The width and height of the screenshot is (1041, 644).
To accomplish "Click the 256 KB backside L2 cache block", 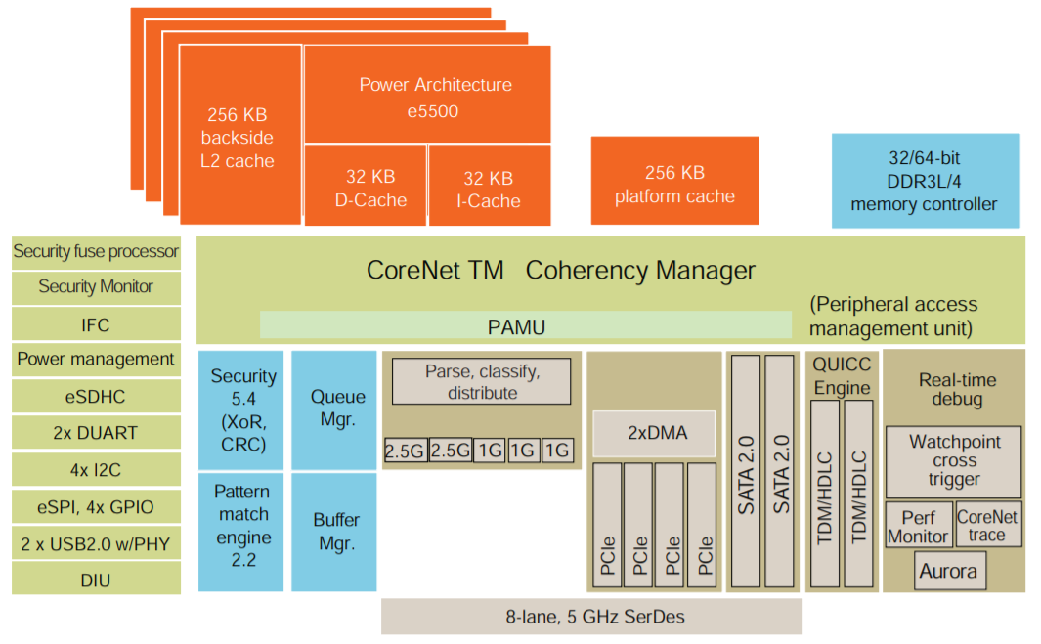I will pyautogui.click(x=239, y=138).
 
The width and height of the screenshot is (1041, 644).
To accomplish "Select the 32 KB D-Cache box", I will pyautogui.click(x=365, y=188).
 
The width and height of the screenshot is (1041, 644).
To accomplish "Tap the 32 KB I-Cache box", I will pyautogui.click(x=489, y=188).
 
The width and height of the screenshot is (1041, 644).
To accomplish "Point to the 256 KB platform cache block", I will pyautogui.click(x=674, y=184).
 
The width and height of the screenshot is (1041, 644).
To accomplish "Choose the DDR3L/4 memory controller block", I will pyautogui.click(x=925, y=181).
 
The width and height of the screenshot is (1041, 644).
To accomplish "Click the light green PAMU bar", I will pyautogui.click(x=526, y=325).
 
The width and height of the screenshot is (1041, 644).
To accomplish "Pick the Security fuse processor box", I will pyautogui.click(x=96, y=252).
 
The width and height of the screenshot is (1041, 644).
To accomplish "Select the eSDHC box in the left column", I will pyautogui.click(x=96, y=397).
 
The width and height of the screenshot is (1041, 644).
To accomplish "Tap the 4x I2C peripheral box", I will pyautogui.click(x=96, y=470).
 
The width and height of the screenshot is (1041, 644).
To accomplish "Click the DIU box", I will pyautogui.click(x=96, y=580).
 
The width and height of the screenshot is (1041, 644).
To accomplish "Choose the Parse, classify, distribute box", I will pyautogui.click(x=481, y=381).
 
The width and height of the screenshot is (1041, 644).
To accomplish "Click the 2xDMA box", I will pyautogui.click(x=654, y=432).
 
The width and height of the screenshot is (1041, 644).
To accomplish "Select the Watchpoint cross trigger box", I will pyautogui.click(x=953, y=461).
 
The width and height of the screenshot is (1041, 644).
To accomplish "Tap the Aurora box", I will pyautogui.click(x=947, y=571).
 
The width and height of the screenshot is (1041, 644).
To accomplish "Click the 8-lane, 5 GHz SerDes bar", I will pyautogui.click(x=591, y=617).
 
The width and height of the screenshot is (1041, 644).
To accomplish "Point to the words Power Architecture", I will pyautogui.click(x=435, y=85).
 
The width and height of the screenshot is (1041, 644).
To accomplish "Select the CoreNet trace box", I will pyautogui.click(x=986, y=525).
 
